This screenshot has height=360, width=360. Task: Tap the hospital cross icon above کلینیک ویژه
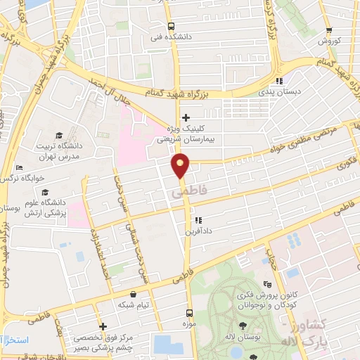coord(186,117)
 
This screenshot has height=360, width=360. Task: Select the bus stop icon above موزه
coord(188,312)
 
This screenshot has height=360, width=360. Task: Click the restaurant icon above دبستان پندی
coord(279,80)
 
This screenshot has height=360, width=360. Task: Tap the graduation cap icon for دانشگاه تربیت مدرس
coord(59,134)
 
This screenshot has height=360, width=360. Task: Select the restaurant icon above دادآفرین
coord(198,219)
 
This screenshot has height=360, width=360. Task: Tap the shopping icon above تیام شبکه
coord(134,294)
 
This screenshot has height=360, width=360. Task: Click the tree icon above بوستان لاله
coord(243,326)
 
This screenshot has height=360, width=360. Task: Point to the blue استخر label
coord(15,340)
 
